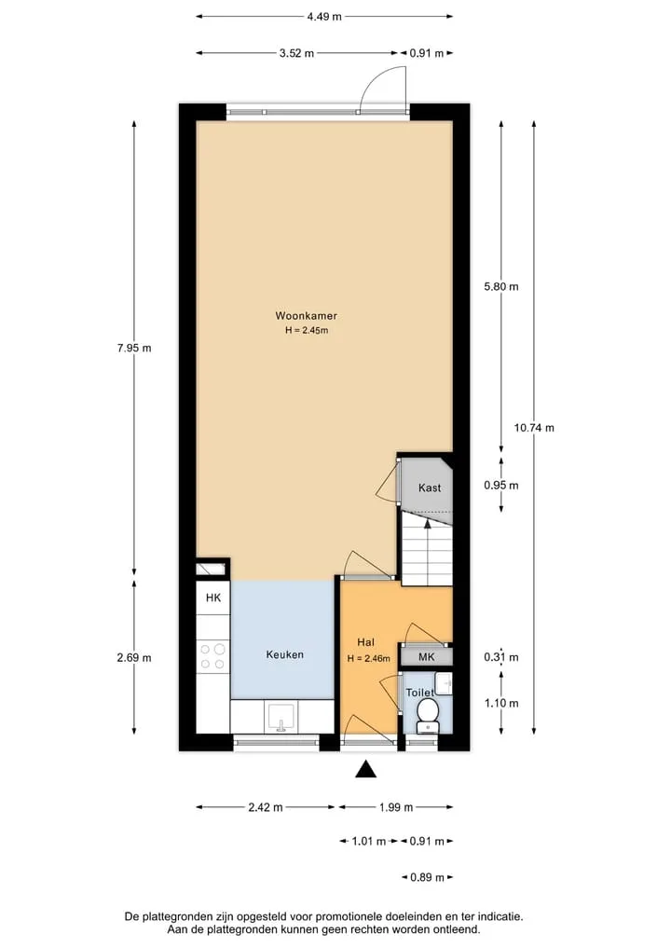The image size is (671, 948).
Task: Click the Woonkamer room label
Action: [306, 316]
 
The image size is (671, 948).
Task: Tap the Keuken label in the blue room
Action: [285, 654]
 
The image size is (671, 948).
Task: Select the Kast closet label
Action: [430, 488]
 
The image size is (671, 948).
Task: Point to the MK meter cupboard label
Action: [427, 657]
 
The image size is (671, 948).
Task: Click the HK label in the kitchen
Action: [213, 598]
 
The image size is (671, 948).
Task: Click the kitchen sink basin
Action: [281, 717]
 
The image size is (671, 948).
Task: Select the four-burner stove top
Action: [212, 656]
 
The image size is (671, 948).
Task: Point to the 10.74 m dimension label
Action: [534, 428]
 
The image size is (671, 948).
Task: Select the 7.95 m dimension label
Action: [134, 348]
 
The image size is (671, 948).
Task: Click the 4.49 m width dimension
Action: [324, 17]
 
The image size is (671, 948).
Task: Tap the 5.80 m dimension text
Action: [501, 286]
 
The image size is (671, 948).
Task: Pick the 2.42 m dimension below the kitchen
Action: [266, 807]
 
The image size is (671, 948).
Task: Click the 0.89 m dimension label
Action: [428, 877]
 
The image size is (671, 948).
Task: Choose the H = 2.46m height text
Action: [369, 658]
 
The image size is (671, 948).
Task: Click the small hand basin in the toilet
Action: [444, 683]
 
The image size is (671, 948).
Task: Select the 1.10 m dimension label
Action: [501, 703]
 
